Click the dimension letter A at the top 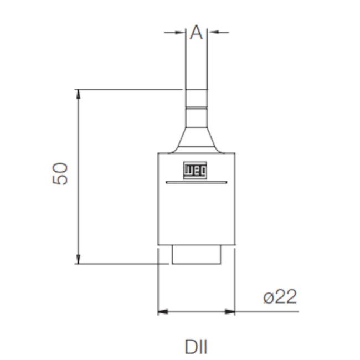(197, 33)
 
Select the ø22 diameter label (280, 297)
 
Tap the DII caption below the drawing (196, 347)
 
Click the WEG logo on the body (196, 170)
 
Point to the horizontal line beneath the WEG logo (196, 182)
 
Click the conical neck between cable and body (196, 140)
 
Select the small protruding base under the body (196, 254)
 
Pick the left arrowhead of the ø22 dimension (162, 312)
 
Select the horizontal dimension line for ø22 (196, 312)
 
